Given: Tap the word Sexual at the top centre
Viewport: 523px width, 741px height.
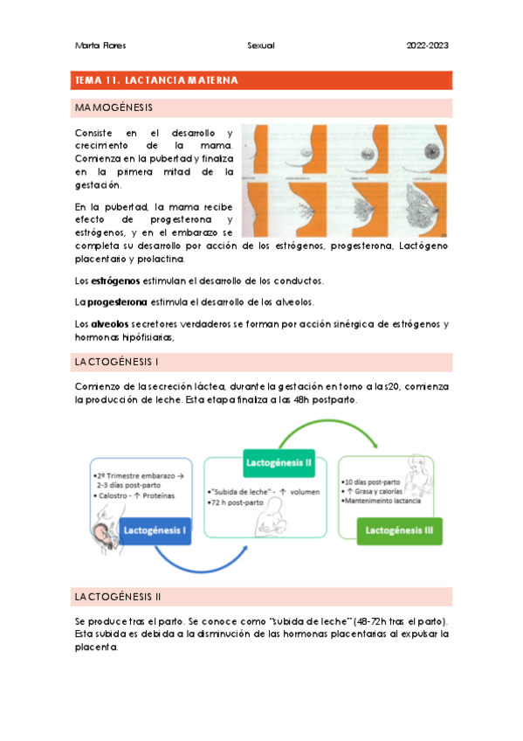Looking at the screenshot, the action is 261,45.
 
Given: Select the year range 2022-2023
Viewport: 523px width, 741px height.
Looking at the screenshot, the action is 428,45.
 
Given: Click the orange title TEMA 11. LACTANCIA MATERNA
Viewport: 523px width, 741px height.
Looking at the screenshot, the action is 157,80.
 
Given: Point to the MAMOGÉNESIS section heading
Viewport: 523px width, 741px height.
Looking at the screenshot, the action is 114,108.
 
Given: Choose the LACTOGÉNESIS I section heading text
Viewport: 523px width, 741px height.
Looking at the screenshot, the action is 116,361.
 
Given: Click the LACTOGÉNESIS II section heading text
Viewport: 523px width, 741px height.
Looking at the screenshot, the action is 118,597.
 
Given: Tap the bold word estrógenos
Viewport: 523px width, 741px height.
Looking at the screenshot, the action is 115,280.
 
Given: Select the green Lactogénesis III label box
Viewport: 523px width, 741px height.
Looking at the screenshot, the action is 398,530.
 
